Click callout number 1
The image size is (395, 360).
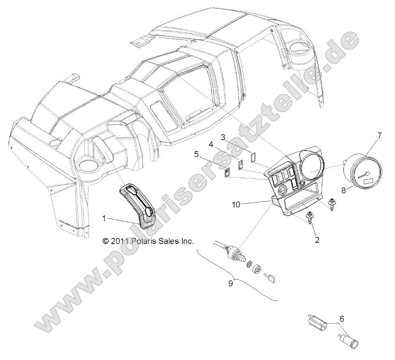104,219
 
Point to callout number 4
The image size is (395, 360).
210,144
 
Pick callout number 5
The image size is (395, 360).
196,154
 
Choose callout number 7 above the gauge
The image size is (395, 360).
379,135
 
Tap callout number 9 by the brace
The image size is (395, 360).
231,283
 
